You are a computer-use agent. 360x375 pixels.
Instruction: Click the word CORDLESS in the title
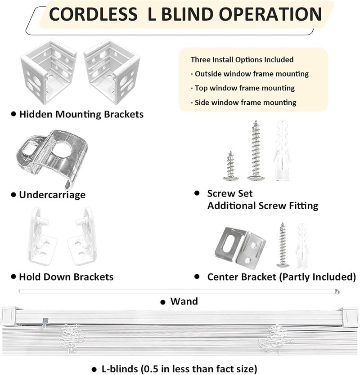93,14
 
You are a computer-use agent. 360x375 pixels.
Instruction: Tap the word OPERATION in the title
270,14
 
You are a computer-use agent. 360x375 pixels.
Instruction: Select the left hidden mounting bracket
49,72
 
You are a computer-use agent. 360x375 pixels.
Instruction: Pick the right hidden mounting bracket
112,72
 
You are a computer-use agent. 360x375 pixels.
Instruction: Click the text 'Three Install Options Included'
242,59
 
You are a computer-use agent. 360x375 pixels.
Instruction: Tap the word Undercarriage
52,195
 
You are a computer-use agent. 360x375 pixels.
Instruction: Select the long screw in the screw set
256,150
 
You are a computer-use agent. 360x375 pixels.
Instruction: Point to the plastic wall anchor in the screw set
283,150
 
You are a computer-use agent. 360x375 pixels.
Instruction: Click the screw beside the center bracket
283,245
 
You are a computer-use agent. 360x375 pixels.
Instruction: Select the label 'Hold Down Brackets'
66,277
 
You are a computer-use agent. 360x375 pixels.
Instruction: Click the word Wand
184,301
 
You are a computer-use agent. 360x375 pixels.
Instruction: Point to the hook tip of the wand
337,291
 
